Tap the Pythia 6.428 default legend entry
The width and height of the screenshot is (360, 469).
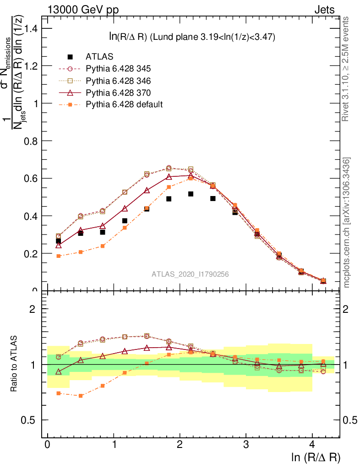(x=124, y=104)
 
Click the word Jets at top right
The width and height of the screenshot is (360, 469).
(x=324, y=10)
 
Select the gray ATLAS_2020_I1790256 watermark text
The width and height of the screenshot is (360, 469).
(x=191, y=274)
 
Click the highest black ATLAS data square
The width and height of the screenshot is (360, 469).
(x=191, y=194)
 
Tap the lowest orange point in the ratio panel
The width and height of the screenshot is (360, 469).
(x=81, y=396)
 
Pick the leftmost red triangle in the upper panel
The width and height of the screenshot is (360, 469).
(x=59, y=245)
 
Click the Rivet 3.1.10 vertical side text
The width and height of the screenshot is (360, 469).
(x=346, y=69)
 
